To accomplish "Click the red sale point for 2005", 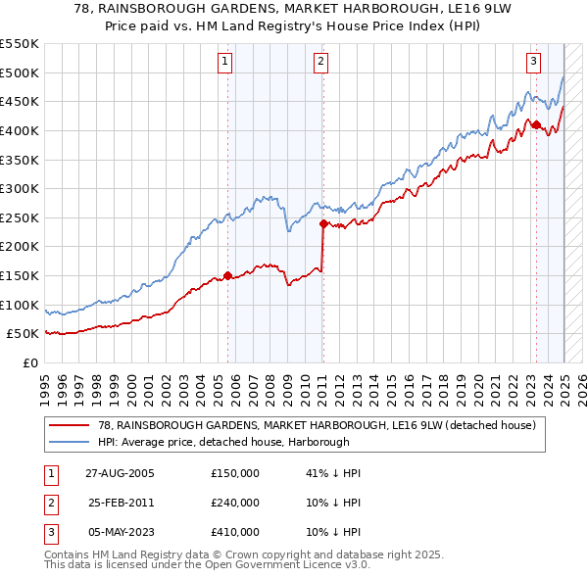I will [x=228, y=275].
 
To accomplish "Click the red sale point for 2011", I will [x=323, y=223].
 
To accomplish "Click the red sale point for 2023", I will [x=536, y=124].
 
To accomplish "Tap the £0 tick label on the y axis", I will [x=31, y=362].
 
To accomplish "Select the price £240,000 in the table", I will [x=234, y=503].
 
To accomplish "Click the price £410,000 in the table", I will [x=234, y=532].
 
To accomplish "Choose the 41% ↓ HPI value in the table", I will [x=334, y=473].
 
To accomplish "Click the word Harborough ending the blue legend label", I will [x=344, y=443].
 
